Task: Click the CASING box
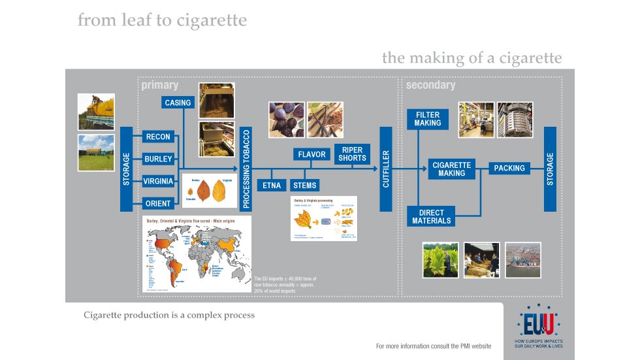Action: pos(178,103)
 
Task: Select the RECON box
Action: pos(158,137)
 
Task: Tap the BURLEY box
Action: pos(158,159)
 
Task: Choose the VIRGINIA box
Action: pos(158,182)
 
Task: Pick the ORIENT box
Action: pos(158,204)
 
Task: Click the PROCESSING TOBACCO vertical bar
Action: pos(246,168)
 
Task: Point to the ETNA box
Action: pos(272,186)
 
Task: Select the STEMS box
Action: pos(305,186)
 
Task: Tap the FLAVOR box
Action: pos(312,155)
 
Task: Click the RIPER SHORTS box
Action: pos(352,154)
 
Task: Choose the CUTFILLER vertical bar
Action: pos(386,169)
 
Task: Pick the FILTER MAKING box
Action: pos(428,119)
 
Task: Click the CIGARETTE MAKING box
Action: pos(451,169)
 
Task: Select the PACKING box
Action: pos(509,169)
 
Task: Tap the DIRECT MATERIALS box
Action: pos(432,217)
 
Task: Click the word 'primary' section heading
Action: pos(159,86)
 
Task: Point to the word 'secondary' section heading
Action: pos(430,86)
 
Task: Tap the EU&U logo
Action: pos(539,324)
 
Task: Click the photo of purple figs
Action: pos(285,119)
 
